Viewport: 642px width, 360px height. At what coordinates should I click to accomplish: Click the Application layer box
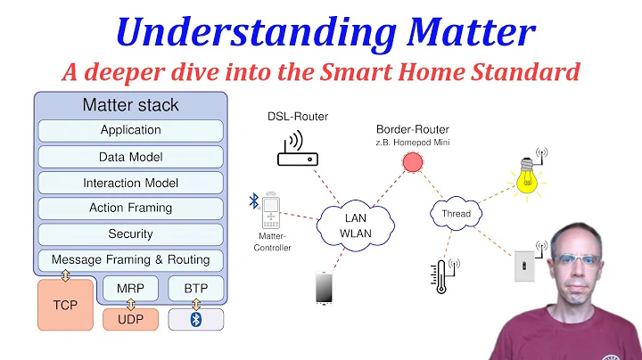(x=130, y=130)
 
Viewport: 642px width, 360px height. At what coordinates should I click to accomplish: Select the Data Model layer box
(x=130, y=156)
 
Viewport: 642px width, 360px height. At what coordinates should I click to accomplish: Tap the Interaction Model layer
(x=130, y=183)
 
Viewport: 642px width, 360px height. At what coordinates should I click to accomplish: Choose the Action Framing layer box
(x=130, y=208)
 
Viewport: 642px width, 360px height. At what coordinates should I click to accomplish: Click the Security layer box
(x=130, y=233)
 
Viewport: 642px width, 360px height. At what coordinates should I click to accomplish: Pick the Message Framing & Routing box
(x=130, y=260)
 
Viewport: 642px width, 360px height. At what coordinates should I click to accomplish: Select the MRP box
(x=130, y=289)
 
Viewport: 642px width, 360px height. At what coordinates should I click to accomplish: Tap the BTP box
(x=196, y=289)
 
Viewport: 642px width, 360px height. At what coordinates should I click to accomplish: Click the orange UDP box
(x=130, y=319)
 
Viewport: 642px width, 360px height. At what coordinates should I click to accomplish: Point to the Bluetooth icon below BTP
(x=196, y=319)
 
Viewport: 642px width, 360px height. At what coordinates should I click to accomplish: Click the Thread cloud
(x=456, y=214)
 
